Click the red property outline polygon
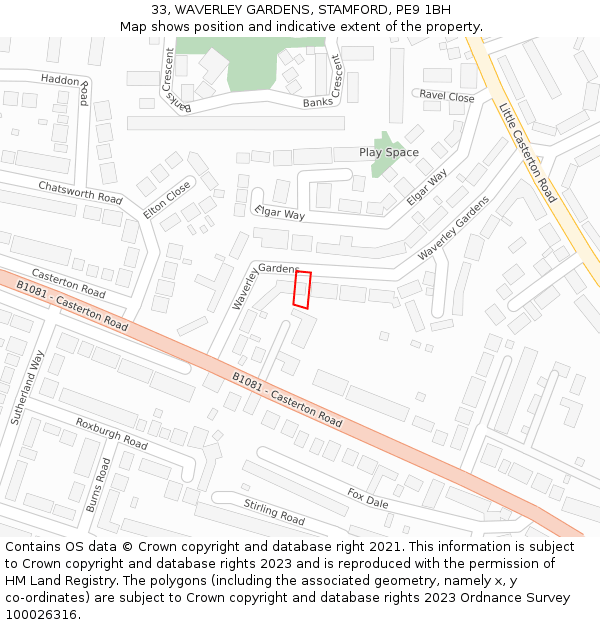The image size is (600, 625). click(x=302, y=289)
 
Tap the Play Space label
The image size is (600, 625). click(x=389, y=153)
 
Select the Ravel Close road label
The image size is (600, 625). click(x=447, y=97)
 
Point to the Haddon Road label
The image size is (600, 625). click(x=68, y=84)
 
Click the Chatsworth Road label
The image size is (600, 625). click(x=80, y=193)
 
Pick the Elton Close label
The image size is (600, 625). click(x=167, y=199)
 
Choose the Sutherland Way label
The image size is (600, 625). click(x=28, y=387)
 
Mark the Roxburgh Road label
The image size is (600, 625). click(x=111, y=433)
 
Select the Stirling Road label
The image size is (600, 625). click(x=274, y=511)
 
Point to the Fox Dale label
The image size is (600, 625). click(x=367, y=498)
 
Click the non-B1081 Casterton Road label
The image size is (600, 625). click(x=68, y=283)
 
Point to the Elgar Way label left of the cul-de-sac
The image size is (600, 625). click(x=280, y=213)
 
